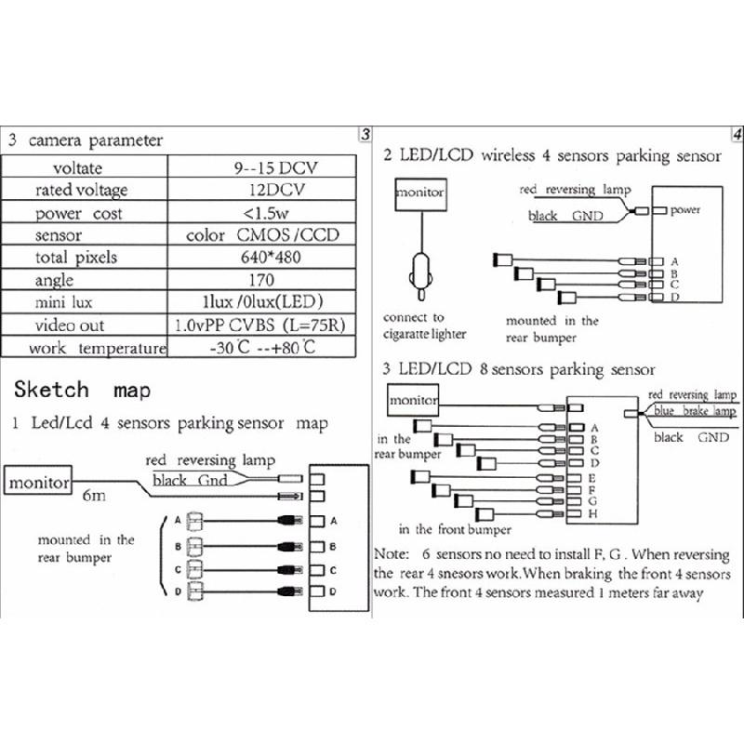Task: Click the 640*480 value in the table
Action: click(260, 258)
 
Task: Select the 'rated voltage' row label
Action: click(81, 190)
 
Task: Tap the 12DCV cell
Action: click(262, 190)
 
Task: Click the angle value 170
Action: click(260, 280)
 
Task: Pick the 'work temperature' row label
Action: click(85, 349)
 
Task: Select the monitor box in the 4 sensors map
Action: click(41, 483)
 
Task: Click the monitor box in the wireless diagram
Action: click(419, 193)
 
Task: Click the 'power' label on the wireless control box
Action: click(685, 210)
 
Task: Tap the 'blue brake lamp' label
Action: click(693, 411)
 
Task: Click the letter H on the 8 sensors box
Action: click(592, 513)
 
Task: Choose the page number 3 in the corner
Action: click(365, 134)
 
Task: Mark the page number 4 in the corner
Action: click(736, 134)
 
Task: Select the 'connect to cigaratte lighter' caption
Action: click(424, 326)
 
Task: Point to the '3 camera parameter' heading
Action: click(86, 141)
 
